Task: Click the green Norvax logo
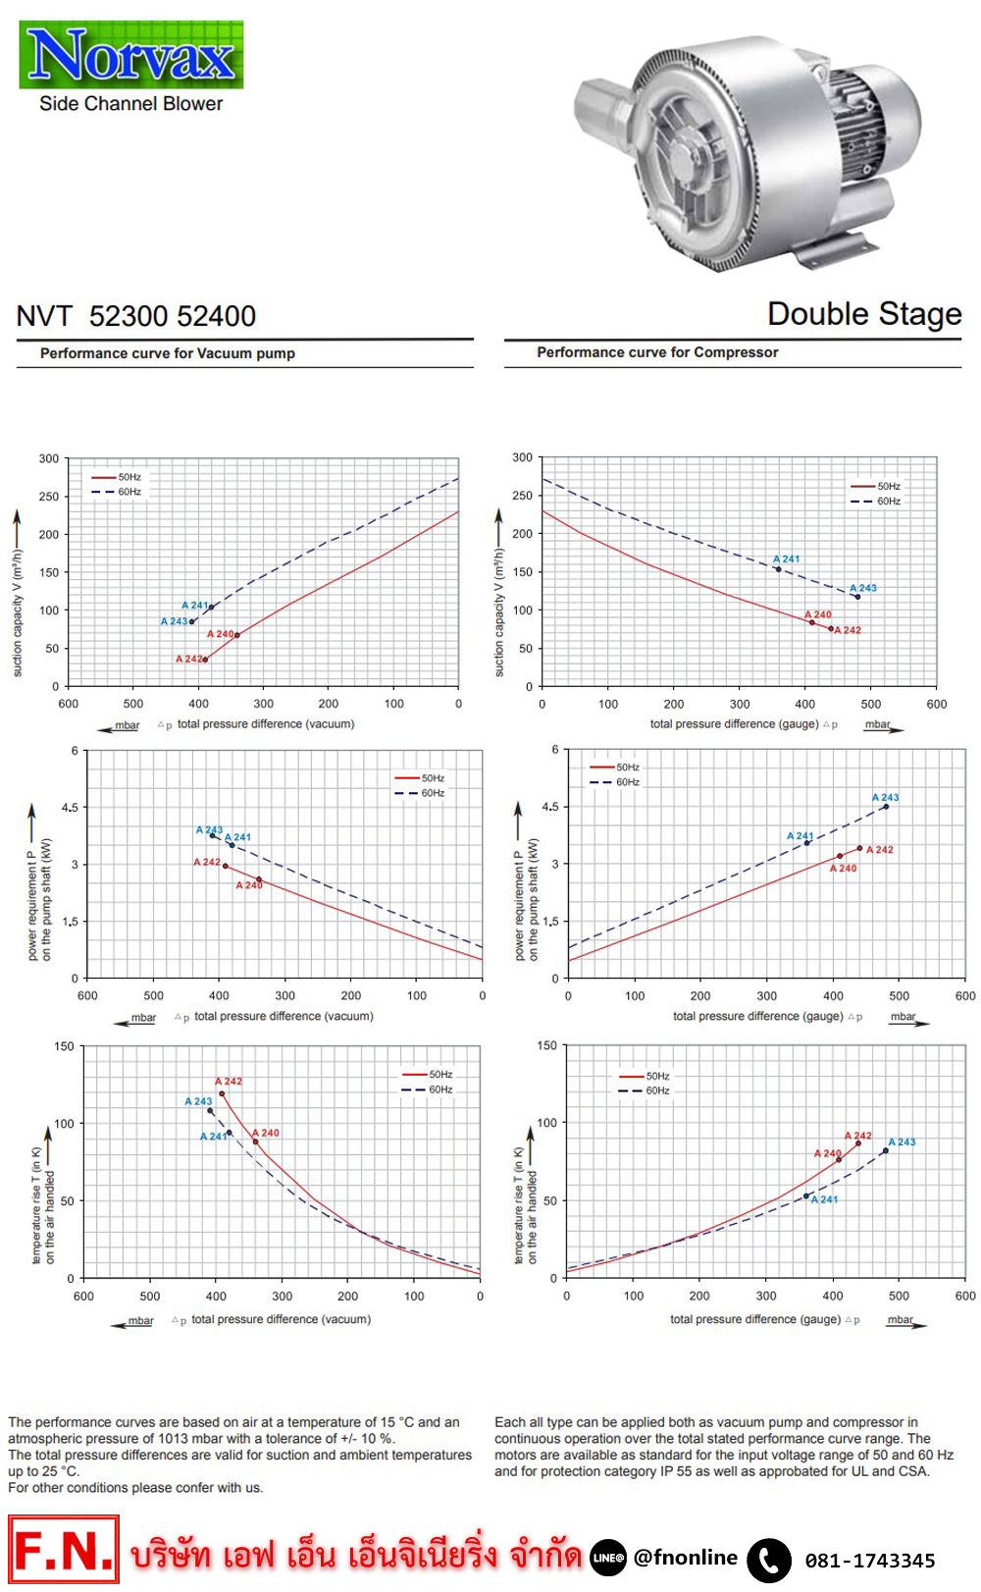131,55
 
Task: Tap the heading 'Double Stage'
863,314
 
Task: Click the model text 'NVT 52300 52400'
136,316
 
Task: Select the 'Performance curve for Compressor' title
657,352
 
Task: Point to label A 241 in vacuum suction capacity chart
194,606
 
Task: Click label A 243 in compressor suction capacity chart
863,588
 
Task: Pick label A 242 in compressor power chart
880,850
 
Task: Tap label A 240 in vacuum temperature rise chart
266,1133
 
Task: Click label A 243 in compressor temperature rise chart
902,1142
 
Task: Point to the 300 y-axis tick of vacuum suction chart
49,458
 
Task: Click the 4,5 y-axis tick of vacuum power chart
70,808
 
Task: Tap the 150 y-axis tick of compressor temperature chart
546,1046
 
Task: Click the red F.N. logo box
64,1550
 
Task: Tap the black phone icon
769,1560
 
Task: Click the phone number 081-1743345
870,1561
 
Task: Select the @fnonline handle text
686,1558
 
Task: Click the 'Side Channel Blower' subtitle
130,104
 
